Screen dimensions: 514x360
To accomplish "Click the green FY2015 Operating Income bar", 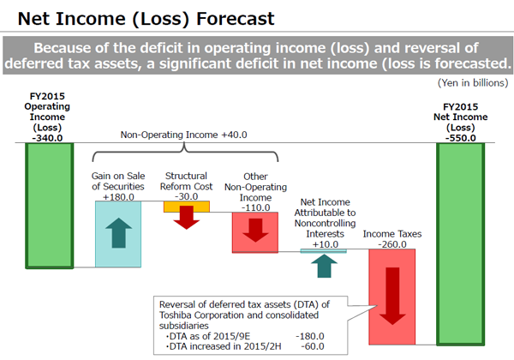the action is tap(50, 206).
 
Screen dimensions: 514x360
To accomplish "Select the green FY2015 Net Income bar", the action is tap(461, 244).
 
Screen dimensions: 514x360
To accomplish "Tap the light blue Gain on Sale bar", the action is tap(118, 234).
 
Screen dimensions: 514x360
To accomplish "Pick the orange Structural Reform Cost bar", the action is tap(187, 207).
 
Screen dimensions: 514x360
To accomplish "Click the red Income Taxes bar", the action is tap(392, 297).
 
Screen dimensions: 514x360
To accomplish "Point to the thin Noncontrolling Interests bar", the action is tap(324, 251).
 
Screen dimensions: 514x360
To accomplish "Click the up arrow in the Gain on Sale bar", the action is tap(119, 233).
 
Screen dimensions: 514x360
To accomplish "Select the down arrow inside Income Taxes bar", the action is tap(392, 296).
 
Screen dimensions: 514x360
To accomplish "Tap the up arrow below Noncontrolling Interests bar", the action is tap(324, 266).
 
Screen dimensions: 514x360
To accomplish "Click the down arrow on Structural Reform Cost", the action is tap(187, 218).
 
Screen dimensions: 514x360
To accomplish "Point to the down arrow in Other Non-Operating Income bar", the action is tap(255, 231).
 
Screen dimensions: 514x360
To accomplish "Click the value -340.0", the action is tap(47, 138).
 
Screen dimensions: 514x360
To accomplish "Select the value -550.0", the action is tap(461, 138).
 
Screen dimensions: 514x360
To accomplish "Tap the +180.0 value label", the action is tap(118, 197).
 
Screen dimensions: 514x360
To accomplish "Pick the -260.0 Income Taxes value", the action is tap(392, 244).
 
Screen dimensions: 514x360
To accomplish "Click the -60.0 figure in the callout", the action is tap(313, 346).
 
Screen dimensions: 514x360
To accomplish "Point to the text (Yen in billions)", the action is tap(473, 83).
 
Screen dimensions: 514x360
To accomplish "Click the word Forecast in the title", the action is tap(235, 18).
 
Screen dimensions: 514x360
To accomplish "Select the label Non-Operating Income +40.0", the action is tap(183, 135).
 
